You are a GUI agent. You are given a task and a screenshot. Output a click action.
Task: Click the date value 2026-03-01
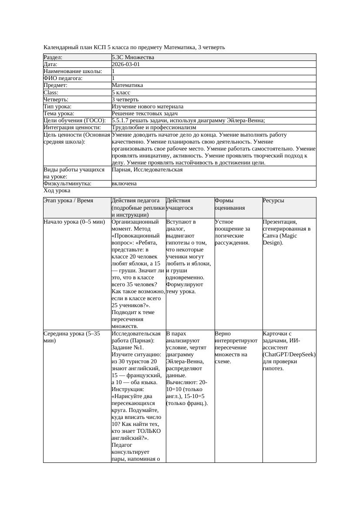[x=126, y=64]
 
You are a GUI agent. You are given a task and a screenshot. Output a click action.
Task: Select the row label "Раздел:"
[x=53, y=57]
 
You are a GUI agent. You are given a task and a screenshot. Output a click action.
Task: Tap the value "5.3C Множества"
[x=133, y=57]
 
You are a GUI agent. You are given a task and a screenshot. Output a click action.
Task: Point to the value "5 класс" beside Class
[x=121, y=92]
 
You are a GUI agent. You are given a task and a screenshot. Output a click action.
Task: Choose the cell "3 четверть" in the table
[x=125, y=99]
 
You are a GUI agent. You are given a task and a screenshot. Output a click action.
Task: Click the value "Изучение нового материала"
[x=148, y=106]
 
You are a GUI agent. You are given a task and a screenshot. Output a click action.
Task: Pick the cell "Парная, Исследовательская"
[x=147, y=169]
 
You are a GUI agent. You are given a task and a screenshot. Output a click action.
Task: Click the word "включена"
[x=124, y=184]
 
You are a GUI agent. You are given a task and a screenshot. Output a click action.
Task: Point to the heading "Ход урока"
[x=57, y=191]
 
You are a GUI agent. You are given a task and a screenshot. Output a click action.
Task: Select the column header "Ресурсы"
[x=273, y=201]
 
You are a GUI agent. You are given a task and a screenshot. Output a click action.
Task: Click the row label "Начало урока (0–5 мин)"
[x=74, y=222]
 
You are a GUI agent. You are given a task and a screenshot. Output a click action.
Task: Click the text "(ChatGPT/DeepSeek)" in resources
[x=289, y=355]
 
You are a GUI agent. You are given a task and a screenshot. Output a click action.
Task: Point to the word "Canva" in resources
[x=271, y=235]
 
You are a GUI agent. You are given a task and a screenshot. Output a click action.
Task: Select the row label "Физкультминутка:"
[x=67, y=184]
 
